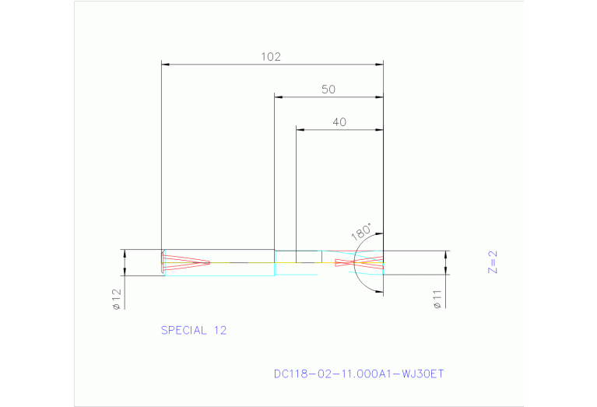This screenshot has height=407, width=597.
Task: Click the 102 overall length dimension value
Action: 270,57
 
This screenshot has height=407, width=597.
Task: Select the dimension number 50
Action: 328,89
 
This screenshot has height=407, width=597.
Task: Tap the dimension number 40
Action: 339,121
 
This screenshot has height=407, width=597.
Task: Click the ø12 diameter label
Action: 116,299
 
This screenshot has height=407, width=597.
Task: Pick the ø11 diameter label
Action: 437,300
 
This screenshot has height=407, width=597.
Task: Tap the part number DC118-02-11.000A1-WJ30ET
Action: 359,374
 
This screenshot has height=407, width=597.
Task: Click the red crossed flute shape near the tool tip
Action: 360,263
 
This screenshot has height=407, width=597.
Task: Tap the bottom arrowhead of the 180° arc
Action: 379,292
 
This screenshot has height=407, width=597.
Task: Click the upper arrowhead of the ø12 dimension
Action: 124,254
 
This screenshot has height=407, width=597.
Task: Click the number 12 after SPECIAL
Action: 219,330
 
